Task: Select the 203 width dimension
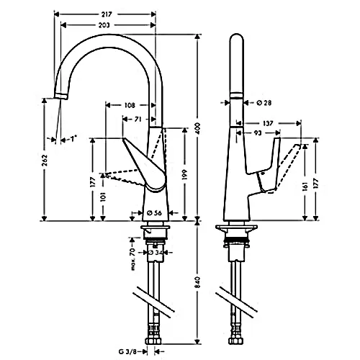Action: [x=105, y=25]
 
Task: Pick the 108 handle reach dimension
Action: [x=130, y=105]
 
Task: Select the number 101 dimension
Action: [x=105, y=196]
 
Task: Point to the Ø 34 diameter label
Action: [x=156, y=252]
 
